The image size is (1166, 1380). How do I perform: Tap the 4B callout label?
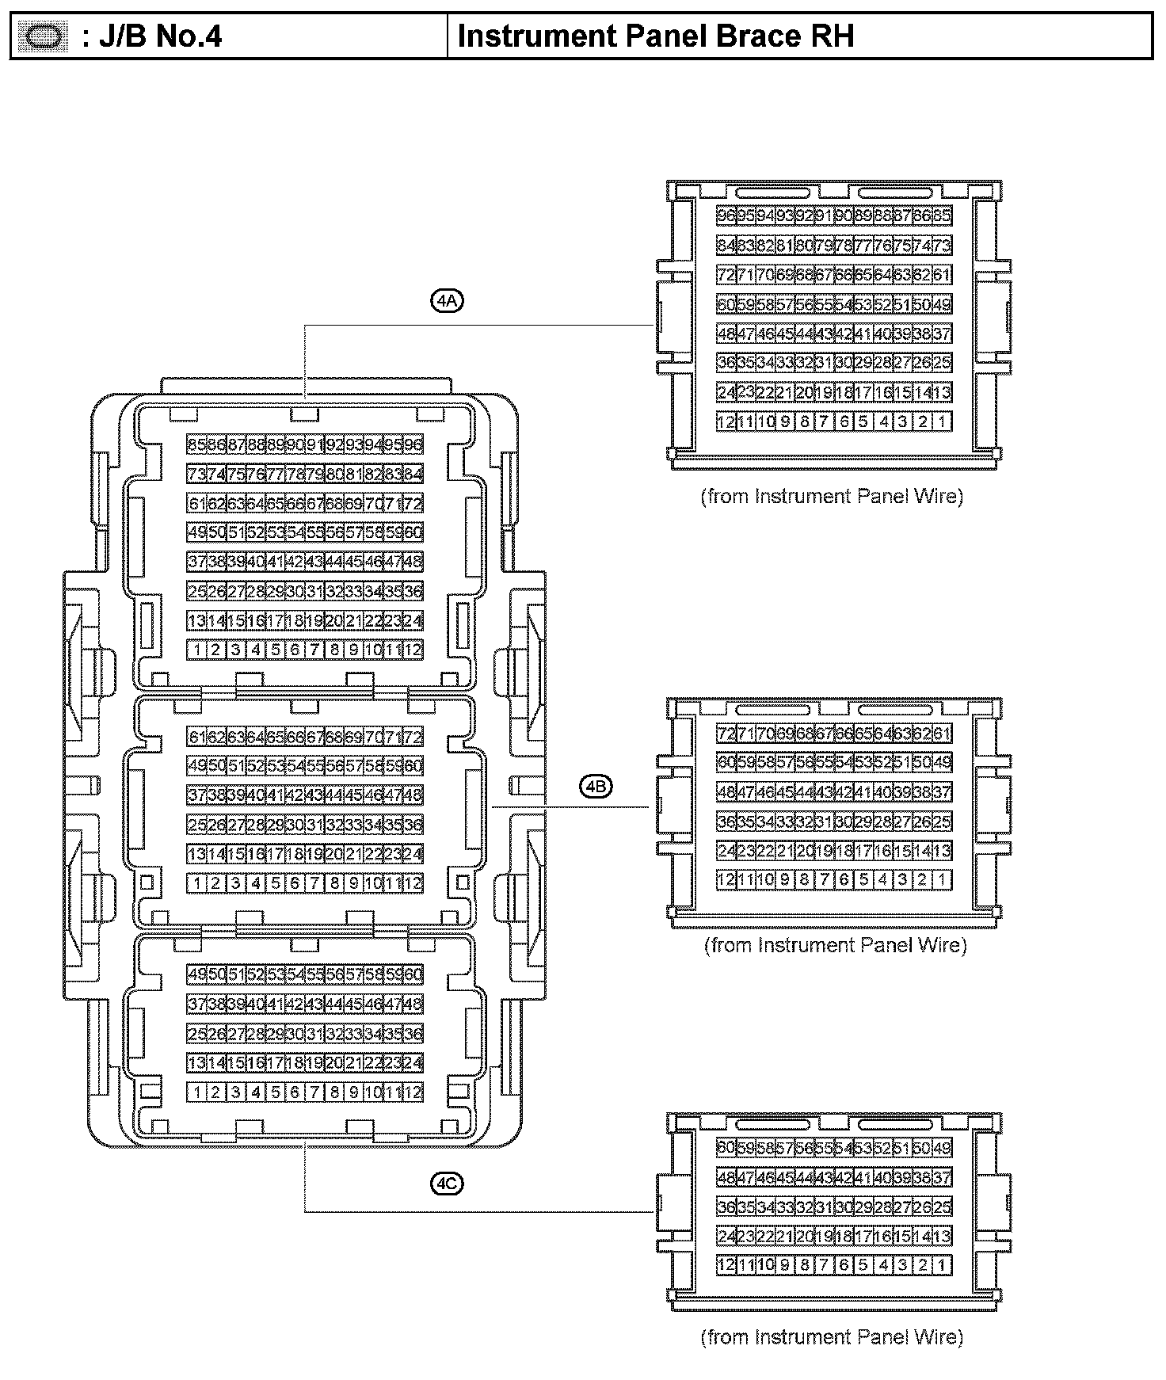(596, 786)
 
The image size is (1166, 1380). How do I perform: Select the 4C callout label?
(447, 1184)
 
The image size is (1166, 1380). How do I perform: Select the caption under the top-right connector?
(832, 497)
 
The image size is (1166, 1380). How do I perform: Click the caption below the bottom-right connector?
(832, 1337)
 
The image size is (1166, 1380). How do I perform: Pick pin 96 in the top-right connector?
(726, 215)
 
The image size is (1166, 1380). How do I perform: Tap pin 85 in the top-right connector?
(942, 215)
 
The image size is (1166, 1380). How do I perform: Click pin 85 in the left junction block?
(196, 445)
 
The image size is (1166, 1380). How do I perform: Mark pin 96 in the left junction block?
(413, 445)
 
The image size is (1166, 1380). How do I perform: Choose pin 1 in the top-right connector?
(942, 421)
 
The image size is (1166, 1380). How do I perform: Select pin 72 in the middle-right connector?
(726, 734)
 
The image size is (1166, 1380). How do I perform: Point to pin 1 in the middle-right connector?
(942, 879)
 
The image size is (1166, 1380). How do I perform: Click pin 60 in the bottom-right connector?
(726, 1148)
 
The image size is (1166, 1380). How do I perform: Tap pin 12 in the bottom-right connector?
(726, 1265)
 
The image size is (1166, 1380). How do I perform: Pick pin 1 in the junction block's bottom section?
(196, 1092)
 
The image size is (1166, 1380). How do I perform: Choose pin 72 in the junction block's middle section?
(413, 737)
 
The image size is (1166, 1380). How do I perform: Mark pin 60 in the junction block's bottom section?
(413, 974)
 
